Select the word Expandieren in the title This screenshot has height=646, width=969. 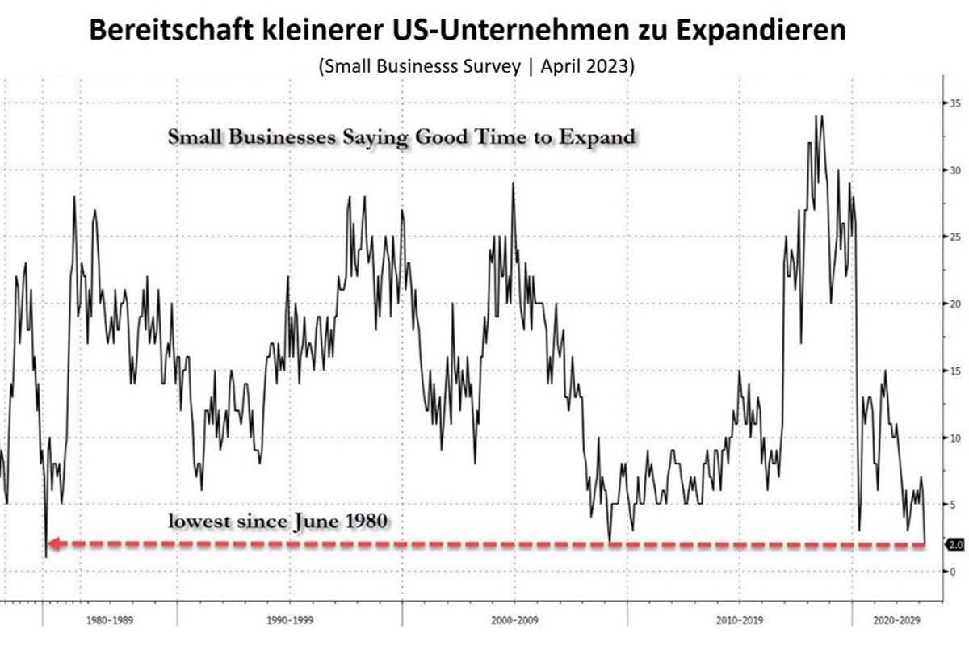(x=771, y=30)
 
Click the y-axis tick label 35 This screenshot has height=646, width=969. (x=954, y=103)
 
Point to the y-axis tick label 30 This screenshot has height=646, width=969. (x=954, y=170)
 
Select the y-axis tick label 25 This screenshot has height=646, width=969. (x=954, y=237)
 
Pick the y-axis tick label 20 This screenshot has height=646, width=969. (x=954, y=304)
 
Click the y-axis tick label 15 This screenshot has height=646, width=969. (x=954, y=371)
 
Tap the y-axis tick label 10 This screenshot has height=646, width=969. (x=954, y=438)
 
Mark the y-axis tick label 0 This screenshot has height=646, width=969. (x=953, y=571)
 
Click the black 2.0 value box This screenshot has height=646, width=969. (x=955, y=545)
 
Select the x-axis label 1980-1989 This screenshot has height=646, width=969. (x=111, y=622)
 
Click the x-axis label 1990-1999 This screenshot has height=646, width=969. (x=290, y=622)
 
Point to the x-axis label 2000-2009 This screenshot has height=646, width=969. (x=515, y=622)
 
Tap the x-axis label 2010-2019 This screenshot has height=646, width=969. (x=740, y=622)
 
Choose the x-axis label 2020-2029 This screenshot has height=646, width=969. (x=897, y=622)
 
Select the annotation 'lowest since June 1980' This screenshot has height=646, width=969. (x=279, y=521)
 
